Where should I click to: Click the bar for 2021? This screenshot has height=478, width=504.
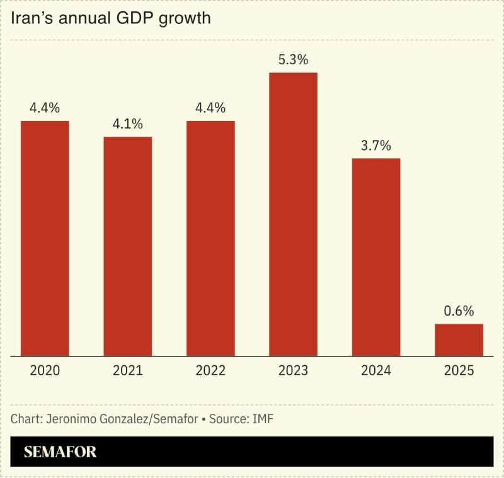click(128, 246)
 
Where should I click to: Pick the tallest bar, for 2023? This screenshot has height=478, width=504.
click(293, 214)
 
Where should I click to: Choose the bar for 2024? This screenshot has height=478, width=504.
click(376, 257)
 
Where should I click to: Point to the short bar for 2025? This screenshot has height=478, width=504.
click(459, 340)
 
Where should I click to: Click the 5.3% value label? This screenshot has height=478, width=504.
click(293, 60)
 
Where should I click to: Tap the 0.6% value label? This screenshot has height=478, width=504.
click(459, 311)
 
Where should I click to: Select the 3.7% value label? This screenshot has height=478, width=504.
click(376, 145)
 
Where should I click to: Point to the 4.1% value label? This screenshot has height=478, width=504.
click(128, 124)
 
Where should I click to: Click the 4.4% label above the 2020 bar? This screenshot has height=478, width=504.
click(45, 108)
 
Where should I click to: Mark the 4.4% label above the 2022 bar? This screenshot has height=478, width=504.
click(210, 108)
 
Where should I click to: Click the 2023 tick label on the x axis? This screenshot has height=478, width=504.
click(293, 370)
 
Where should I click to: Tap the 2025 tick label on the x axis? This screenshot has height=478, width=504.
click(459, 370)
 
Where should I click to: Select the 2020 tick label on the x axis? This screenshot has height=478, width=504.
click(45, 370)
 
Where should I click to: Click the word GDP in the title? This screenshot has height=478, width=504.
click(139, 18)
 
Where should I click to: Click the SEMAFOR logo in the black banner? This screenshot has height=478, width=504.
click(60, 452)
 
